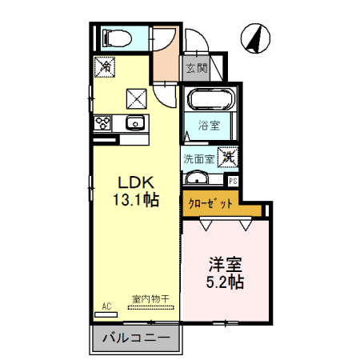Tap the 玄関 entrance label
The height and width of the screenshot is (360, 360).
(196, 68)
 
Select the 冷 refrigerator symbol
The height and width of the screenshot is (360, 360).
(105, 66)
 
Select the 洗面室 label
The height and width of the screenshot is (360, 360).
(198, 158)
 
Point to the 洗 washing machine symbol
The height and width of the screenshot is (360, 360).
(229, 158)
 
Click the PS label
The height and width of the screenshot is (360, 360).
(232, 181)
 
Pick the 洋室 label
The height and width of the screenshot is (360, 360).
(226, 263)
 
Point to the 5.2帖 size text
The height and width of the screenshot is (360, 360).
(226, 282)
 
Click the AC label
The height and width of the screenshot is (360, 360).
(106, 305)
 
